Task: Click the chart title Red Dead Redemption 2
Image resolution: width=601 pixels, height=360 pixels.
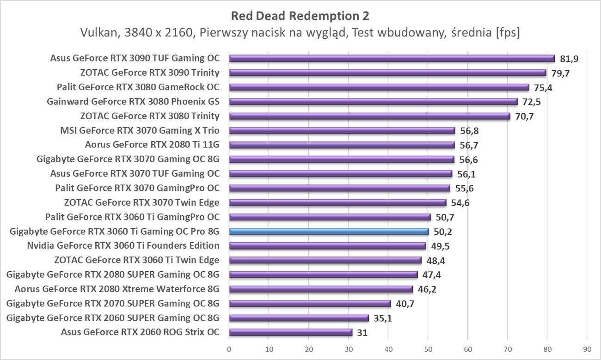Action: point(300,16)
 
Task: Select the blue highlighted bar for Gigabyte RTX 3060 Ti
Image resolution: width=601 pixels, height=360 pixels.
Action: point(329,232)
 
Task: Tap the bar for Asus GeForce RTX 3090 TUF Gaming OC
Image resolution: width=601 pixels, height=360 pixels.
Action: point(392,58)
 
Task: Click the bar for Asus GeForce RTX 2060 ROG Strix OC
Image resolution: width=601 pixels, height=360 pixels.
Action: point(290,332)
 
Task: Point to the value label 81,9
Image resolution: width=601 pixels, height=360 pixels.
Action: point(569,59)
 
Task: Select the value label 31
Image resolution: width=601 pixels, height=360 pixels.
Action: point(362,333)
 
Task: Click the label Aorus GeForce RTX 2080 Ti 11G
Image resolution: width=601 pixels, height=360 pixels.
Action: point(152,145)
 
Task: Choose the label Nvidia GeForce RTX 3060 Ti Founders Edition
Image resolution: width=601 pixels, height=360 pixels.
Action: point(123,245)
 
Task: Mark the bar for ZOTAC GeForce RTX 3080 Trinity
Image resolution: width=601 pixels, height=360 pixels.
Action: point(369,116)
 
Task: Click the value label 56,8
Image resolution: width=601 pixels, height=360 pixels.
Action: point(469,131)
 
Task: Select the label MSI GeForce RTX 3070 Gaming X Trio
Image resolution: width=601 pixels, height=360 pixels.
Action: point(140,130)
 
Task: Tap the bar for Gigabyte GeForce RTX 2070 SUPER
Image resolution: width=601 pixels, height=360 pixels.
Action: point(310,304)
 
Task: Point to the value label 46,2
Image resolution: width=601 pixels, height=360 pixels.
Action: point(427,290)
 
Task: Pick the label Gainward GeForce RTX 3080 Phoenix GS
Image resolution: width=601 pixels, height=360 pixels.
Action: point(133,101)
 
